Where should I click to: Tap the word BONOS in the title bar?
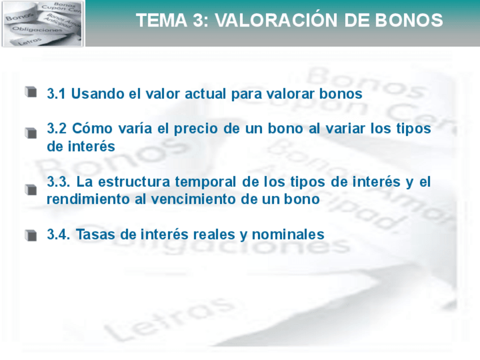click(409, 20)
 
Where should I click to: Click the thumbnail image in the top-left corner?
click(42, 24)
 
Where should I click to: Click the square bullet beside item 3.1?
click(31, 91)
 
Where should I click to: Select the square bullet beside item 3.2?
click(31, 132)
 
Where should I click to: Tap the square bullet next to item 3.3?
click(31, 190)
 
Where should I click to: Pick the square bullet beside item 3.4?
click(31, 234)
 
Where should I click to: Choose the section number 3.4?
click(58, 234)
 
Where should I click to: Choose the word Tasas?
click(93, 234)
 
